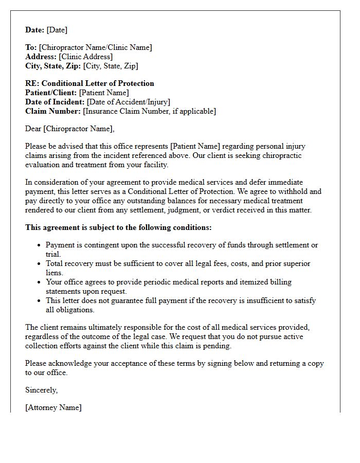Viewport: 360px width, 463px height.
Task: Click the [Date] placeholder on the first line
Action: (57, 30)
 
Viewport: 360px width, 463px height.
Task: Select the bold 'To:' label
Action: (31, 47)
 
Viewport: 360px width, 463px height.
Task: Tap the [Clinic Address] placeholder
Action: (85, 57)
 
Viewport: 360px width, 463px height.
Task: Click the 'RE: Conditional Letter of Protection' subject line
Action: (89, 83)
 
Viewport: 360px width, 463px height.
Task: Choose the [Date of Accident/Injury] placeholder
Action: (128, 102)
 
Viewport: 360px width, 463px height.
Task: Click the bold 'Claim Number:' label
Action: (53, 111)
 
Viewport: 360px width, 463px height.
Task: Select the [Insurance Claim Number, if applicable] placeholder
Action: (150, 111)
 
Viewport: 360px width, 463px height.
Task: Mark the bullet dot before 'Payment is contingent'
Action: (39, 245)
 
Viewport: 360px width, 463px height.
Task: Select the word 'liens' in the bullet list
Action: (54, 273)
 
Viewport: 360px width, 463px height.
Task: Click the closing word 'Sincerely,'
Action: (41, 390)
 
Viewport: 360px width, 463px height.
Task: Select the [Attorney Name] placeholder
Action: (53, 407)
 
